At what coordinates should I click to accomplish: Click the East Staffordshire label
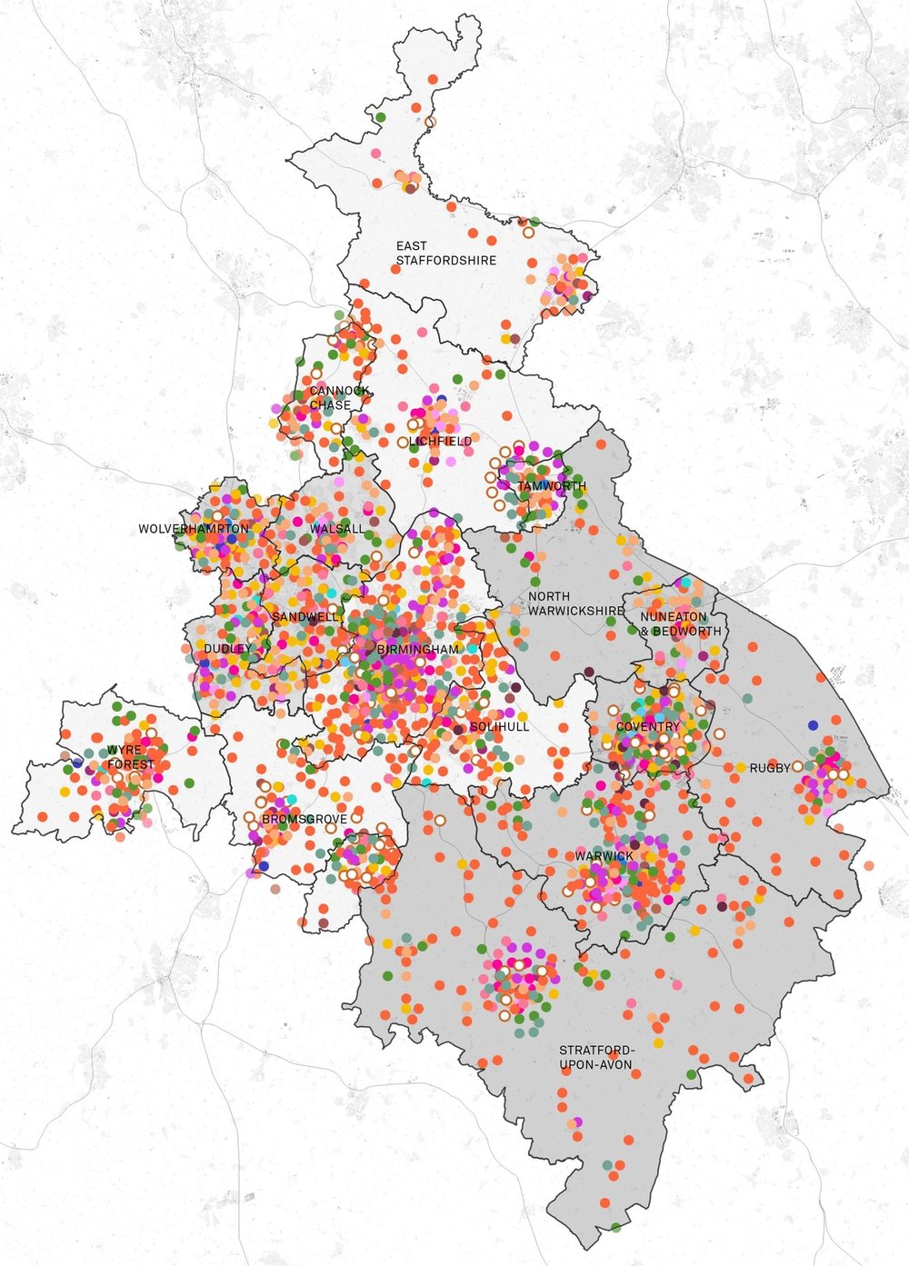[445, 254]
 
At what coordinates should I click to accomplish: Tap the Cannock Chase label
[339, 398]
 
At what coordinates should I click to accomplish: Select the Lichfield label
[441, 442]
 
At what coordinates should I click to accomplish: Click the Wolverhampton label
[194, 529]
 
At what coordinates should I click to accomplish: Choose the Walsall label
[336, 529]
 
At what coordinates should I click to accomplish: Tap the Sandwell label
[305, 617]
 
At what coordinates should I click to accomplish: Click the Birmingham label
[418, 650]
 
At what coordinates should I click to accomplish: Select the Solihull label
[499, 727]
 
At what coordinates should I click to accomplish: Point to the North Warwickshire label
[576, 604]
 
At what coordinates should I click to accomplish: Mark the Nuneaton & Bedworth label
[680, 624]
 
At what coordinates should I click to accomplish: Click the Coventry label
[647, 727]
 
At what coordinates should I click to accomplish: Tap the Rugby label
[770, 769]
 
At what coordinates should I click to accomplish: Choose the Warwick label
[604, 856]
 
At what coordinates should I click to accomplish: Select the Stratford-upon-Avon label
[595, 1058]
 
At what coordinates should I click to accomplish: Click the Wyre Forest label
[131, 758]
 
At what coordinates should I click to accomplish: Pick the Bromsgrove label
[304, 820]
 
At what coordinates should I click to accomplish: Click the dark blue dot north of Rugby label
[813, 725]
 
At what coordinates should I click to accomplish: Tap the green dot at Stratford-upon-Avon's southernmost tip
[615, 1228]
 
